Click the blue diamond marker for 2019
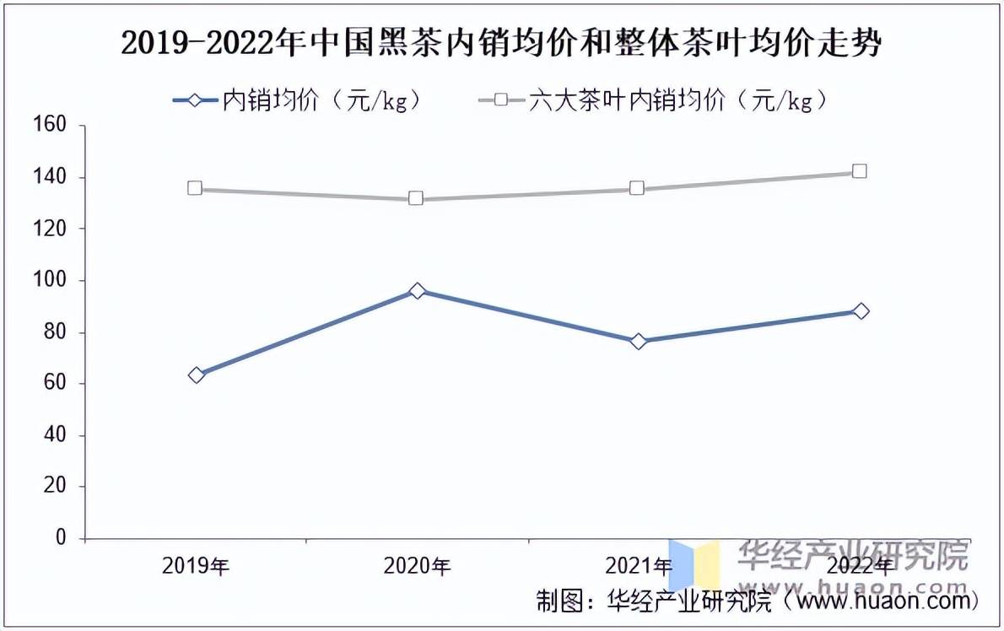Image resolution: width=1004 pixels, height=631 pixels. pos(197,375)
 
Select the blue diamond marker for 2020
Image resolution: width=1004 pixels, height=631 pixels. pos(417,291)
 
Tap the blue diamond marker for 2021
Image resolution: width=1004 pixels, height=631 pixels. pos(639,341)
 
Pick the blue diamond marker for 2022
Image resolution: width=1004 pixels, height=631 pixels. pos(861,311)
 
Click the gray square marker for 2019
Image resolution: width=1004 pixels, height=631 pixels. pos(195,188)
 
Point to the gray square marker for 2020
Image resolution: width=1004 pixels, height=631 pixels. pos(416,198)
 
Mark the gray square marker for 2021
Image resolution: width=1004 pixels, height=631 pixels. pos(638,188)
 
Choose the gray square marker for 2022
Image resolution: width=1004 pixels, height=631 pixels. pos(860,171)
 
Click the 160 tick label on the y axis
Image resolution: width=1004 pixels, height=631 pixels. pos(51,126)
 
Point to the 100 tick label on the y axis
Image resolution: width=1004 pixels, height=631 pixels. pos(51,280)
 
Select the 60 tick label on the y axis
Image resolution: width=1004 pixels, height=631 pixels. pos(55,384)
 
